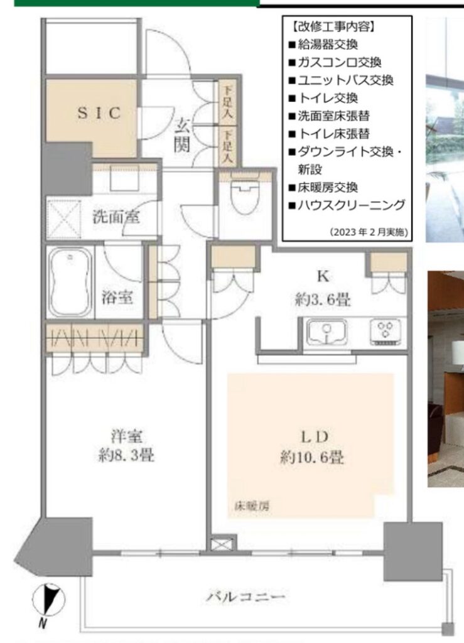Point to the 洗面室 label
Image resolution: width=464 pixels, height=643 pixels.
click(x=116, y=216)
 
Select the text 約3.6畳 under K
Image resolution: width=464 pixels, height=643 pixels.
click(x=323, y=300)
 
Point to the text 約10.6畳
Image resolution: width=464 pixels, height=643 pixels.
click(x=312, y=457)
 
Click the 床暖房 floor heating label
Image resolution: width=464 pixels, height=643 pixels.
click(x=252, y=506)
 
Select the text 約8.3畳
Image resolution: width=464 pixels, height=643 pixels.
click(x=126, y=455)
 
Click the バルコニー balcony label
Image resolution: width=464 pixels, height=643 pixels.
click(x=245, y=597)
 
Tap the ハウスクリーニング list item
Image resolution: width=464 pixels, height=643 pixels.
click(x=347, y=205)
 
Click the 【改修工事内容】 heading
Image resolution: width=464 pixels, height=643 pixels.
click(x=332, y=26)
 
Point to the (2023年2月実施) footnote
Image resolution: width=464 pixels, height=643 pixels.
click(x=369, y=232)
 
